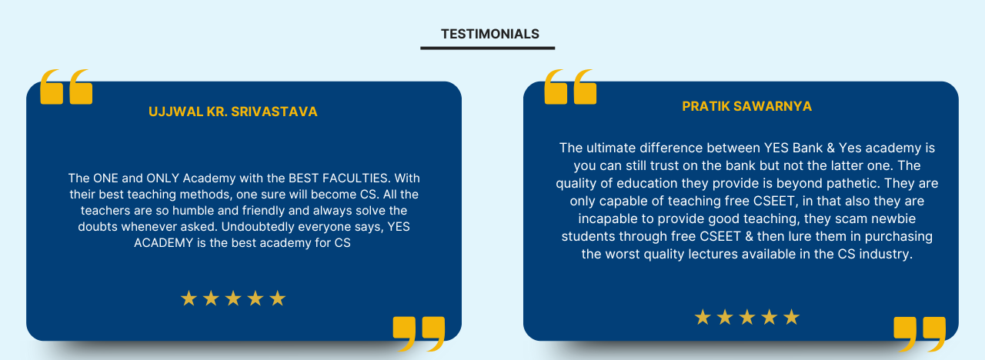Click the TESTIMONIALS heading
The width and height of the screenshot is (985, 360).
[x=489, y=34]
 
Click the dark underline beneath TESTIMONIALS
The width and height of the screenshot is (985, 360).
[x=487, y=48]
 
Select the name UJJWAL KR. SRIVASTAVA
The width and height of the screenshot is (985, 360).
[x=233, y=112]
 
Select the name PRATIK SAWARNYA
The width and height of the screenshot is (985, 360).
[x=746, y=106]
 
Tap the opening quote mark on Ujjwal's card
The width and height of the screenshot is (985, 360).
[x=66, y=87]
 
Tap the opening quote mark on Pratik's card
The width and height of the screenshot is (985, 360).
[x=570, y=87]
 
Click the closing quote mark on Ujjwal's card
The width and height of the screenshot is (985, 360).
[x=419, y=334]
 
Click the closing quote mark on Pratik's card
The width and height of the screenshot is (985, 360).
[x=920, y=334]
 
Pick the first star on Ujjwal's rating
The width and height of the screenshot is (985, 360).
[x=189, y=298]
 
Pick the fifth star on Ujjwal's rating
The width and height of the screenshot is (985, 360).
[x=278, y=298]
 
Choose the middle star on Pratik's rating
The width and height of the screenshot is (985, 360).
[x=747, y=317]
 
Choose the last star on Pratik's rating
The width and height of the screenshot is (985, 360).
[x=791, y=317]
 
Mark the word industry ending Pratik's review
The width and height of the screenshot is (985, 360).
[x=886, y=254]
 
